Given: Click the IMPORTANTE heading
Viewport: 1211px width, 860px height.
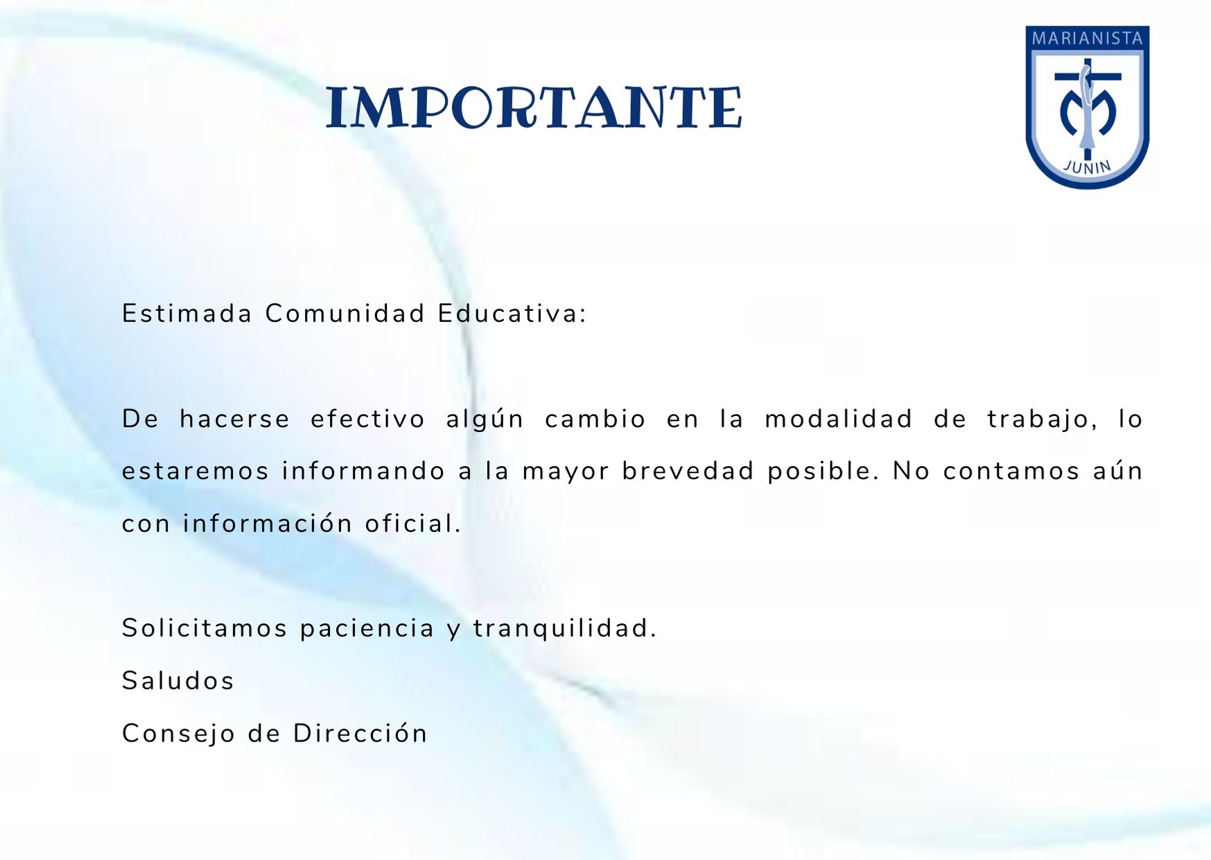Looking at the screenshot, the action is (534, 108).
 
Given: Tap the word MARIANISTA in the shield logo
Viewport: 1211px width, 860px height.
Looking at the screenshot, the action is (1087, 38).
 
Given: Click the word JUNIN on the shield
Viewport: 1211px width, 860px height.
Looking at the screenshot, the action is (1087, 167).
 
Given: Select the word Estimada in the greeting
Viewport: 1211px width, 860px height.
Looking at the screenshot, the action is (187, 313).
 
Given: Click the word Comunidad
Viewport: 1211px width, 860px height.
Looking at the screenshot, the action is (345, 313).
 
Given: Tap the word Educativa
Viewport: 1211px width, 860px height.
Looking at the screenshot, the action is (512, 313).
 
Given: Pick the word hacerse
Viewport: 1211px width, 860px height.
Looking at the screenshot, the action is (235, 419).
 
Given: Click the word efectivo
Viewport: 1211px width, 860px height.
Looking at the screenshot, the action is (367, 419).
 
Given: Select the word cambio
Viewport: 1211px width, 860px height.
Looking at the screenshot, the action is (595, 419).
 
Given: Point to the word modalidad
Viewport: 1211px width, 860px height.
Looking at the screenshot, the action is (839, 419).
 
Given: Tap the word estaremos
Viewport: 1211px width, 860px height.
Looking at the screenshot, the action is (195, 472).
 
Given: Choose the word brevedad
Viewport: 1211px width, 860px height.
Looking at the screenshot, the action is (688, 471).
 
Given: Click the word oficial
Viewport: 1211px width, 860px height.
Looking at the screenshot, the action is (413, 524).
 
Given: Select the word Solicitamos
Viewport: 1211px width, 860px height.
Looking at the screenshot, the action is (204, 628).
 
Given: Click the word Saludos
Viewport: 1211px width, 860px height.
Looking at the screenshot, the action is (178, 681).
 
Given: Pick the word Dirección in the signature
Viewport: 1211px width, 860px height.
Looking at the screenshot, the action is (360, 733).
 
